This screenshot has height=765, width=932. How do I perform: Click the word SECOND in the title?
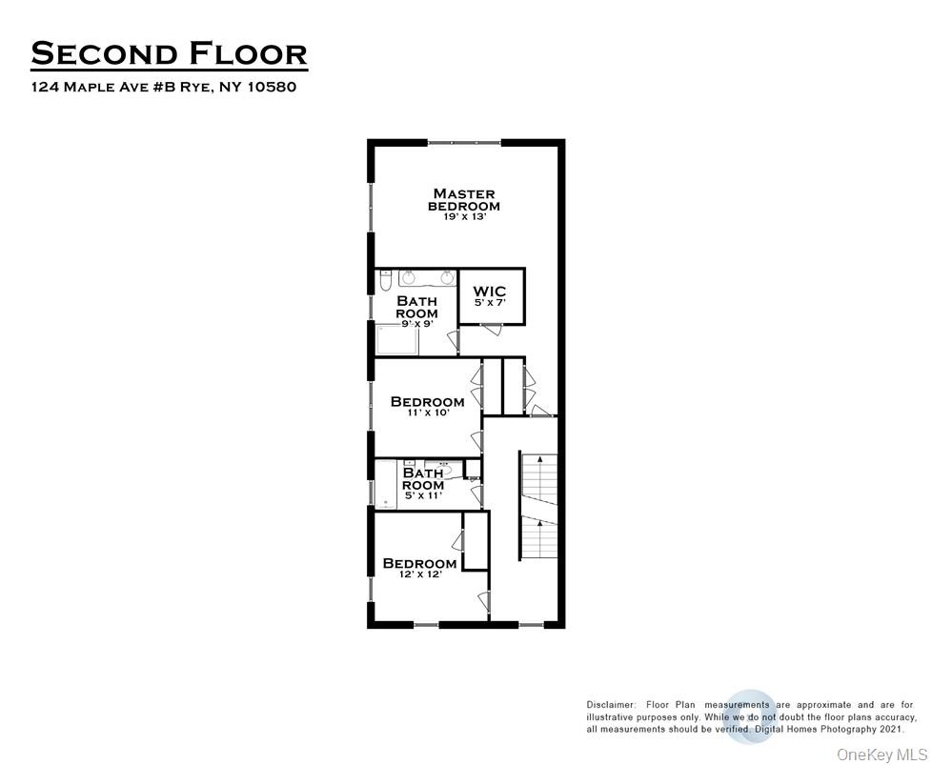click(x=102, y=53)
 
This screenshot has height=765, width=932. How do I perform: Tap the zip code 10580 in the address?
click(x=273, y=88)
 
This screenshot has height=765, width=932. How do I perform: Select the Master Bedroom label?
click(x=463, y=200)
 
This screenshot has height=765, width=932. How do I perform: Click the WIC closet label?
click(x=491, y=292)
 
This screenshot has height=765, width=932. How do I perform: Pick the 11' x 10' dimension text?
click(x=427, y=413)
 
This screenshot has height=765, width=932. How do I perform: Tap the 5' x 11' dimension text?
click(x=423, y=496)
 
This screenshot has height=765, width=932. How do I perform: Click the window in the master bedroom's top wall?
click(x=464, y=143)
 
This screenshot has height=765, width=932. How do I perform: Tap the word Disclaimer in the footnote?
click(x=611, y=705)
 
